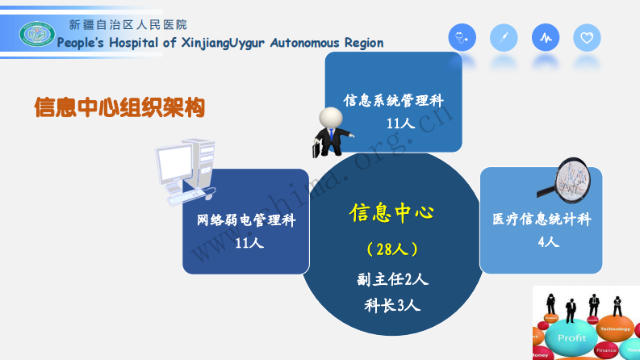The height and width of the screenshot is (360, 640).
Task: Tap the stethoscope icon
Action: [462, 37]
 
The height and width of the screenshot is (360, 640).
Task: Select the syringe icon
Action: [504, 37]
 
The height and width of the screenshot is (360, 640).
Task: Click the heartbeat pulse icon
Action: [546, 37]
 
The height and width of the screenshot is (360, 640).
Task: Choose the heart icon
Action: [587, 37]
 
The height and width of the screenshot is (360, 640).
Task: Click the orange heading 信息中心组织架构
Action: [119, 107]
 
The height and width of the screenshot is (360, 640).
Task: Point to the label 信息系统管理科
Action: [394, 102]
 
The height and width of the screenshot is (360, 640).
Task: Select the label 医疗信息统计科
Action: [542, 220]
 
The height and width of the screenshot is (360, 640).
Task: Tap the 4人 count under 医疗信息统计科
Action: [548, 241]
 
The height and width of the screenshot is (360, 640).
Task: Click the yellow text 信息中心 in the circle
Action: [391, 213]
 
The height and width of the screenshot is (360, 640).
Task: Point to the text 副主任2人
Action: [392, 279]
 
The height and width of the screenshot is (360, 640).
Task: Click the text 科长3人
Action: [392, 305]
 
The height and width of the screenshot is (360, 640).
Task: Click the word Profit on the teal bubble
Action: [573, 337]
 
